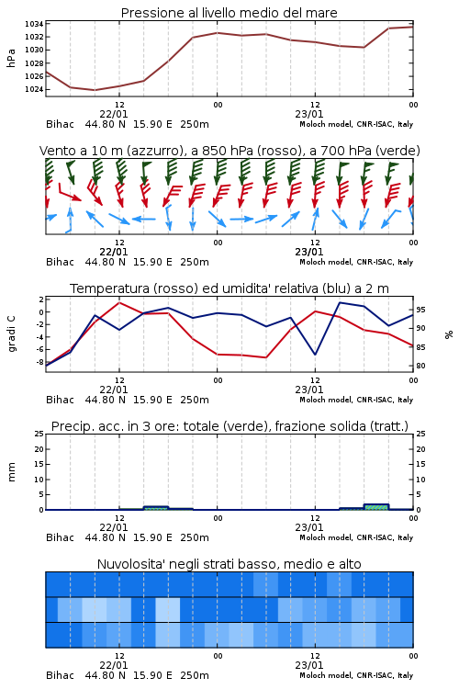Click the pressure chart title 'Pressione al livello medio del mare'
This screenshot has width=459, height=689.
(x=229, y=13)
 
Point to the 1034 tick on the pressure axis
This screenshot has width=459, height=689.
(x=33, y=24)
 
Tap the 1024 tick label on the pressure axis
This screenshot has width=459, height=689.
(x=33, y=89)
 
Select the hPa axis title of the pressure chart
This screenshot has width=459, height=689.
(x=11, y=58)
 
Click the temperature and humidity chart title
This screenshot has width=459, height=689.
(x=229, y=288)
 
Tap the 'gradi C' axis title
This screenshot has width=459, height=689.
(x=12, y=334)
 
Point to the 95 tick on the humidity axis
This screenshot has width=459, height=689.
(x=421, y=310)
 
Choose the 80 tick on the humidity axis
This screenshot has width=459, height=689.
(x=421, y=366)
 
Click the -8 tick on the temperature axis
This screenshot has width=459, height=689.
(x=39, y=362)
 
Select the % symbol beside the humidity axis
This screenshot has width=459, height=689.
(x=449, y=334)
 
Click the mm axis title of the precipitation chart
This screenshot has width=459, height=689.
(x=11, y=472)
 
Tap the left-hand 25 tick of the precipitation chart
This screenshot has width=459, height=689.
(x=39, y=434)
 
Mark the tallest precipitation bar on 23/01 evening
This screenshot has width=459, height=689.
(x=376, y=507)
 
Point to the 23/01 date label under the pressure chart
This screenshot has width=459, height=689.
(x=309, y=114)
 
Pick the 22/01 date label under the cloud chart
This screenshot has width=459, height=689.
(x=114, y=665)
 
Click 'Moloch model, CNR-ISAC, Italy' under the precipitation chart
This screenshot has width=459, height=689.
(x=356, y=537)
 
